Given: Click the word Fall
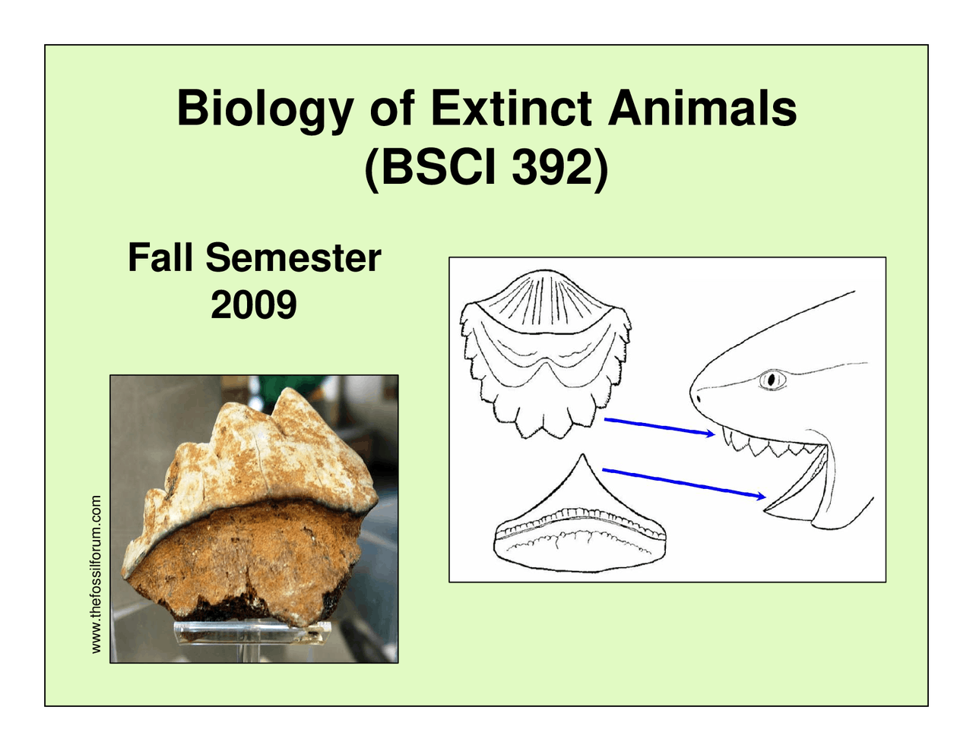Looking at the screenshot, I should coord(160,257).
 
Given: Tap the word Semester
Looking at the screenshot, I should coord(293,257).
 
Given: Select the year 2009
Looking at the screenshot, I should coord(253,305).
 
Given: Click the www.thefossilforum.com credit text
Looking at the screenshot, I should coord(96,574).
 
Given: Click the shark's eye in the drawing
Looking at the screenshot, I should coord(771,378).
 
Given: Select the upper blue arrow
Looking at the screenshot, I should coord(658,426).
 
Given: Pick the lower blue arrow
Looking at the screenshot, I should coord(684,483).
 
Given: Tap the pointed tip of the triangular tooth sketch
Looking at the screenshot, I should coord(582,456).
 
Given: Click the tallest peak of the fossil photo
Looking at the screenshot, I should coord(288,393).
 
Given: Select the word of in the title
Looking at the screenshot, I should coord(392,109).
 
